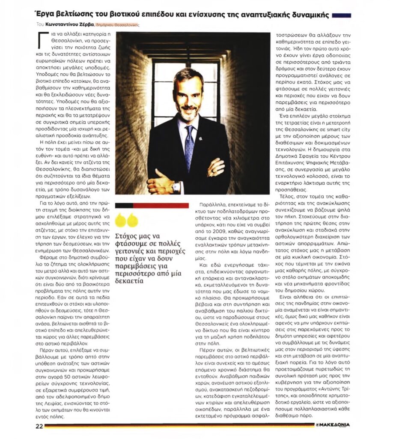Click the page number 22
tap(39, 426)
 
